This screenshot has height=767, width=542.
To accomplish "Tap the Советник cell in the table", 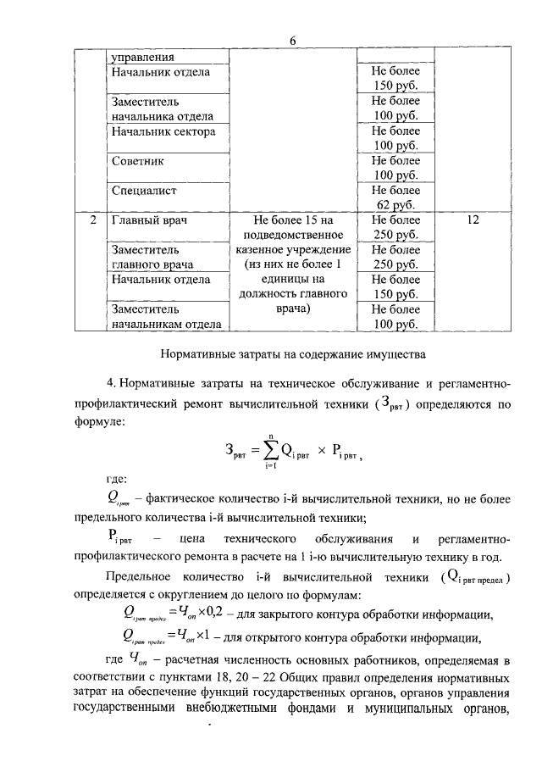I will [137, 160].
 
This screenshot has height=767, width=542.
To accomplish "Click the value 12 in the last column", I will [473, 220].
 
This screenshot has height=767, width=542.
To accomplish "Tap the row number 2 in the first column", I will [91, 220].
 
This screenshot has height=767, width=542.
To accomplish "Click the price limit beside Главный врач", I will [395, 227].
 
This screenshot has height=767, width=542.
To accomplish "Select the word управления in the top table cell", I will [142, 58].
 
